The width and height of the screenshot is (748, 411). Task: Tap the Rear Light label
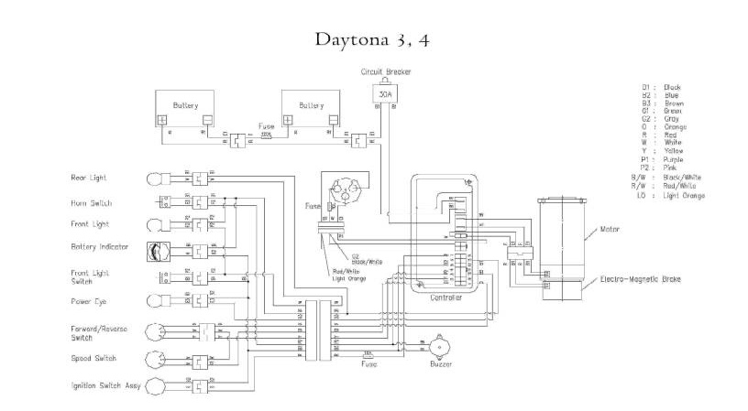(x=89, y=177)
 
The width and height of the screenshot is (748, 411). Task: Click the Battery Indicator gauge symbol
(x=154, y=248)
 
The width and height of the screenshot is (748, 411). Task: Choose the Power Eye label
(x=88, y=300)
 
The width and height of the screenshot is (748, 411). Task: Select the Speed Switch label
(x=92, y=359)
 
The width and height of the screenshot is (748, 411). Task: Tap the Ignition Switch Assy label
(x=104, y=385)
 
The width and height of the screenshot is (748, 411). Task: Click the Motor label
(x=611, y=230)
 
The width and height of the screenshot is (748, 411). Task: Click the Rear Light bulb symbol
(x=155, y=177)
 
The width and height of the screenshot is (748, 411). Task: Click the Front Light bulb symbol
(x=155, y=223)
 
